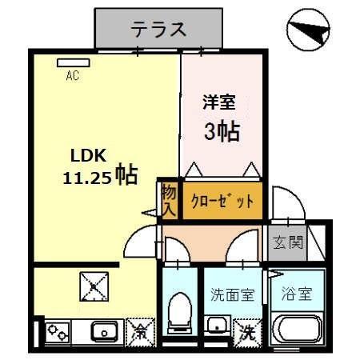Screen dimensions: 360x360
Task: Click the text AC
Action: [x=72, y=77]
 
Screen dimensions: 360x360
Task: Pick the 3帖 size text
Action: [x=221, y=130]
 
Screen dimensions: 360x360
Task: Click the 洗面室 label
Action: [x=231, y=294]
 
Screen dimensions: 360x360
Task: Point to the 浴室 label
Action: [x=295, y=293]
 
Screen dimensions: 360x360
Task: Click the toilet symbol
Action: [x=179, y=311]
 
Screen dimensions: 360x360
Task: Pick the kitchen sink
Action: [x=103, y=330]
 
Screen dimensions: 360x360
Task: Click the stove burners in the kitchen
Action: [x=58, y=330]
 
